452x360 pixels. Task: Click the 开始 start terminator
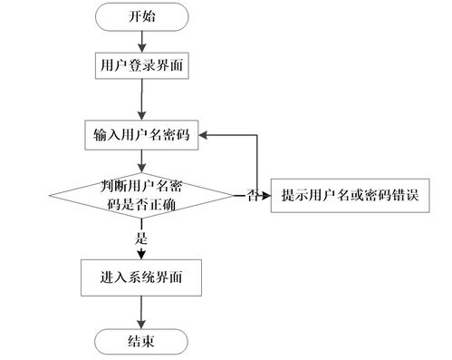coord(140,16)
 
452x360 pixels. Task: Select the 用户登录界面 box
coord(140,65)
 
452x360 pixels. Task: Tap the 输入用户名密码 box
coord(140,135)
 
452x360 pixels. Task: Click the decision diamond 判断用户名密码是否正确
coord(140,193)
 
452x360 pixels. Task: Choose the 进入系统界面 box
coord(140,274)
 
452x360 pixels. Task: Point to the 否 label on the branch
coord(254,195)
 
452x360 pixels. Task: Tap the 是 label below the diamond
coord(140,238)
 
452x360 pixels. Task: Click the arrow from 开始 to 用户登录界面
coord(140,40)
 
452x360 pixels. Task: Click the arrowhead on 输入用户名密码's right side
coord(204,135)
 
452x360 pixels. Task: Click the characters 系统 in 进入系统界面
coord(140,274)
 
